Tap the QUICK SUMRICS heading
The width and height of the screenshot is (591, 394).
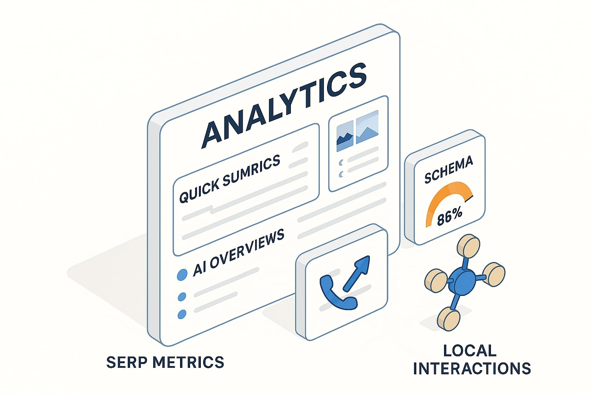coord(230,179)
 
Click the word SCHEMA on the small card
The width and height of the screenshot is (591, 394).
coord(448,170)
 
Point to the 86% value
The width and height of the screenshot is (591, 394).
coord(449,216)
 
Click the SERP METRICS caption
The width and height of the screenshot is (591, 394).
coord(165,362)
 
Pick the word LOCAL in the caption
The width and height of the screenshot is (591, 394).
coord(470,351)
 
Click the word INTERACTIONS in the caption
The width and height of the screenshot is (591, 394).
coord(472,369)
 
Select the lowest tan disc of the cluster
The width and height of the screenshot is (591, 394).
coord(449,319)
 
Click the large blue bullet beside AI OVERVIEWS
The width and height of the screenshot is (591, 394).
coord(182,275)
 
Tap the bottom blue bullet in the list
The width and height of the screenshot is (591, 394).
coord(182,314)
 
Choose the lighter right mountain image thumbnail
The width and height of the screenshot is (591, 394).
coord(367,127)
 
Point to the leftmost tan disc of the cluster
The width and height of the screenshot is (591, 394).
coord(436,280)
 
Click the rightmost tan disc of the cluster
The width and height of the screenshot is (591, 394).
coord(494,274)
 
